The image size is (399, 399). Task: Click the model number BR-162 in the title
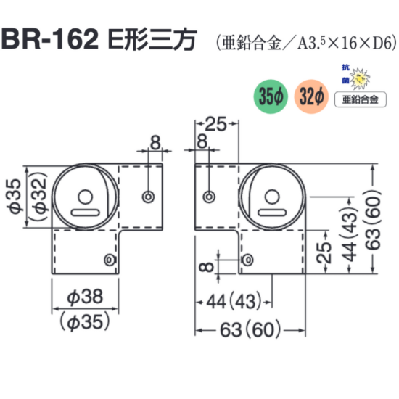pyautogui.click(x=50, y=40)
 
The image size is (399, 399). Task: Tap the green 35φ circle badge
pyautogui.click(x=271, y=96)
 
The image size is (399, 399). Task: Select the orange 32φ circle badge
pyautogui.click(x=311, y=96)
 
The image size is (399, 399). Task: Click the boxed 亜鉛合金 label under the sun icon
pyautogui.click(x=361, y=99)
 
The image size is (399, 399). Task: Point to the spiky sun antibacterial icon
pyautogui.click(x=360, y=78)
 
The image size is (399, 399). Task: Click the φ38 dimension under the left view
pyautogui.click(x=85, y=296)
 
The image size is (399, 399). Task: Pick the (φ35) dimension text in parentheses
pyautogui.click(x=85, y=321)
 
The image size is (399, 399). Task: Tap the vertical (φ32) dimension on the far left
pyautogui.click(x=40, y=197)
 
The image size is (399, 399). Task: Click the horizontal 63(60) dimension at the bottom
pyautogui.click(x=250, y=330)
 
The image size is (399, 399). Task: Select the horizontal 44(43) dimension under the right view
pyautogui.click(x=234, y=302)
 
